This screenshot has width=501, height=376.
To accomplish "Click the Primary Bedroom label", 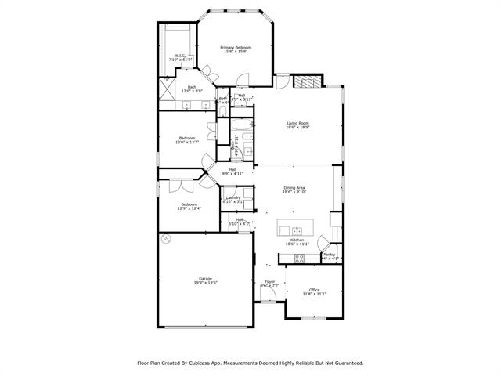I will [x=236, y=48].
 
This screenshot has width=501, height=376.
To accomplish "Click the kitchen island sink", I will [x=297, y=231].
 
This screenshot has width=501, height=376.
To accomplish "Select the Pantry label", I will [x=329, y=254].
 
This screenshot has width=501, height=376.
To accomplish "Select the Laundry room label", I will [x=233, y=197].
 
